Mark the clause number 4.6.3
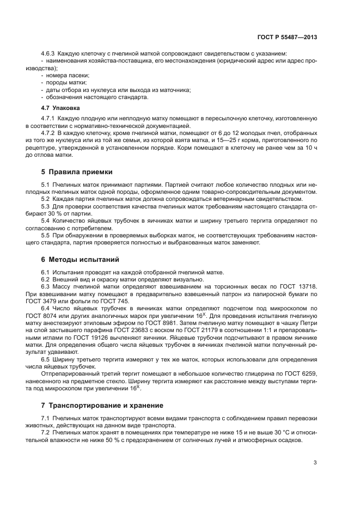[48, 53]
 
